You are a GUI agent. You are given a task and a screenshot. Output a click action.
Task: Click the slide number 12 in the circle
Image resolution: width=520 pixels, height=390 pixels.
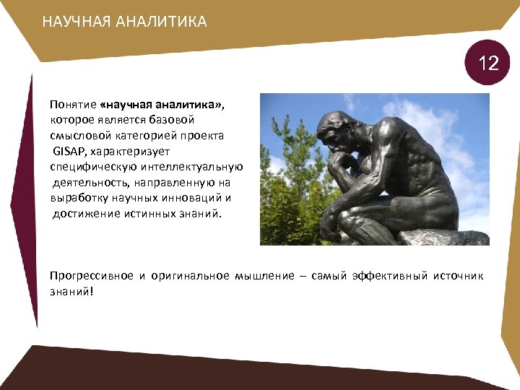point(489,64)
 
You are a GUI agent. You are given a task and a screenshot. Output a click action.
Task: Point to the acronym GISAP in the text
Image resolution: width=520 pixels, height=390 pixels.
point(69,152)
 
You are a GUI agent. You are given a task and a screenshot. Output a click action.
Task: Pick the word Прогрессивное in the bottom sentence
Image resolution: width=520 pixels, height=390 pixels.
point(92,276)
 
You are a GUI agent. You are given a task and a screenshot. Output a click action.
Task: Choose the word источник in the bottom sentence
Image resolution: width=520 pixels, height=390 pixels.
point(458,276)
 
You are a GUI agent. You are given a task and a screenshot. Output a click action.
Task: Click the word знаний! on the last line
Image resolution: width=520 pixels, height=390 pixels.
point(72,292)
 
